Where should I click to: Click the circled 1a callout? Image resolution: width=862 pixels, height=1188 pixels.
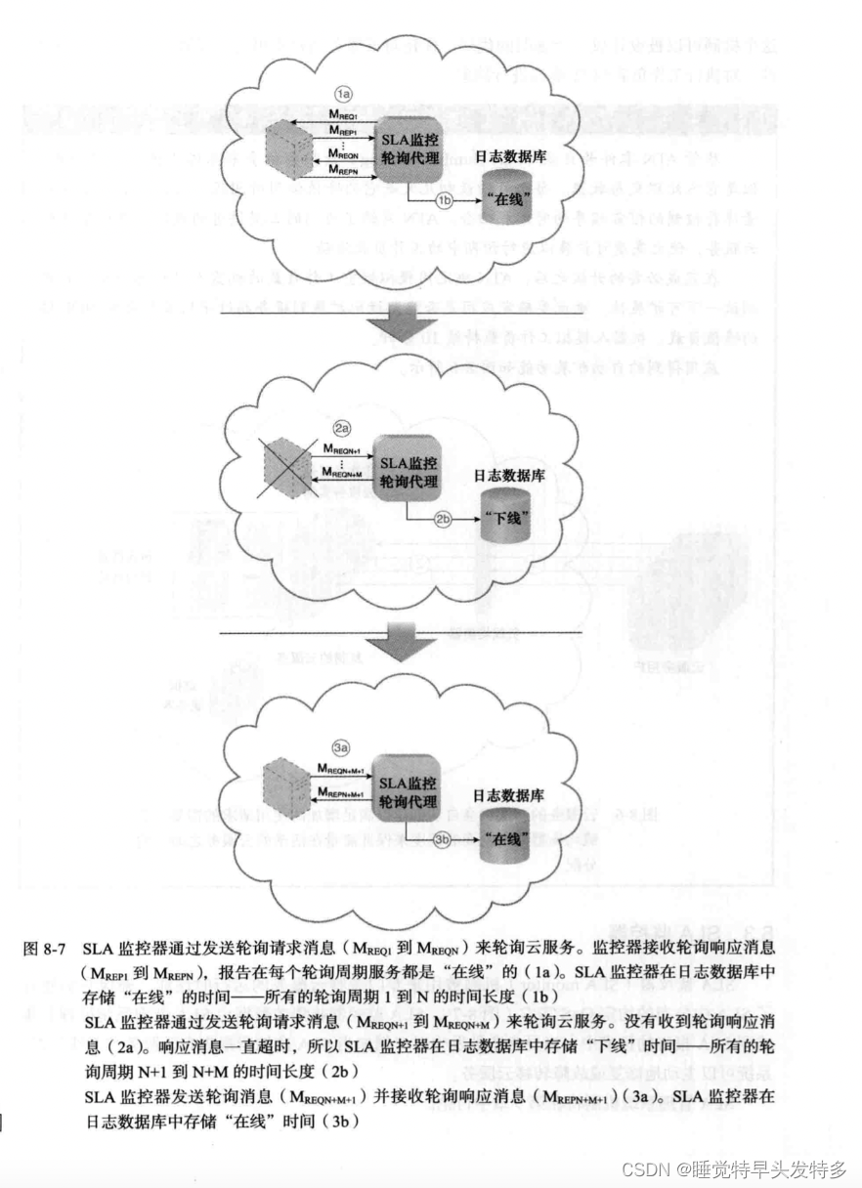point(343,95)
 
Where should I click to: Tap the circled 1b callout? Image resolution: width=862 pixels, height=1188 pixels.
point(446,200)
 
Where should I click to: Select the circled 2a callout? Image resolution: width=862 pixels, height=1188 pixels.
point(341,429)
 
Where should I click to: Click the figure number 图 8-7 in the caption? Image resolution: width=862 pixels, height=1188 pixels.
point(46,947)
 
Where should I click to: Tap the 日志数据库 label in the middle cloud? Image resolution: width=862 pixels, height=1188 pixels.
point(509,476)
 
